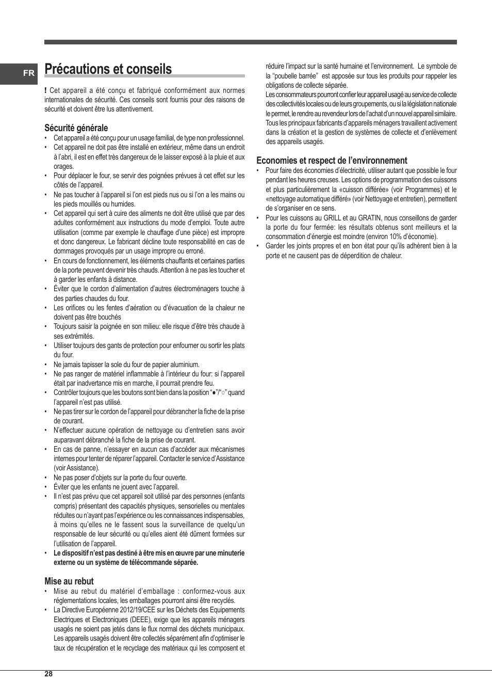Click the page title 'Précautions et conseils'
(x=108, y=69)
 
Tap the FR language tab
(x=29, y=73)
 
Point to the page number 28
(x=48, y=674)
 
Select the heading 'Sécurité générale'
(x=76, y=128)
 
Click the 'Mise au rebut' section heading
(x=69, y=581)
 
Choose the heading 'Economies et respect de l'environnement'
(x=332, y=161)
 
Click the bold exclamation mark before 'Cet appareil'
(x=45, y=90)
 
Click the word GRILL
(x=332, y=218)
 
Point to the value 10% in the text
(x=396, y=237)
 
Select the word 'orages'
(x=63, y=166)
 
